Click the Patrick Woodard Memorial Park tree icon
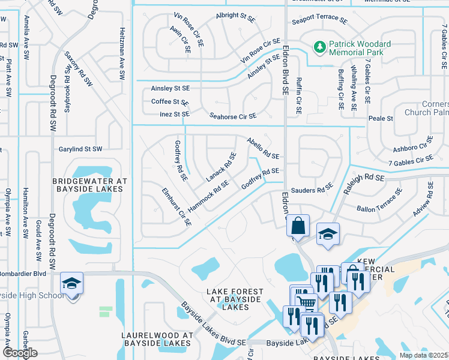point(319,46)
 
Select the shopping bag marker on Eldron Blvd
point(298,226)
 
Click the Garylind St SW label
point(80,149)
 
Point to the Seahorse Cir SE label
point(233,116)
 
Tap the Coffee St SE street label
point(170,102)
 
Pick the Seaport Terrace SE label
point(320,21)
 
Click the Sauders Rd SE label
point(312,190)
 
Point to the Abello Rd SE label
point(263,148)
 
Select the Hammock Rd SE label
point(209,196)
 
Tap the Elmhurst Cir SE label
point(176,206)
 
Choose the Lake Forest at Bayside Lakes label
point(226,299)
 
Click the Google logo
point(20,353)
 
